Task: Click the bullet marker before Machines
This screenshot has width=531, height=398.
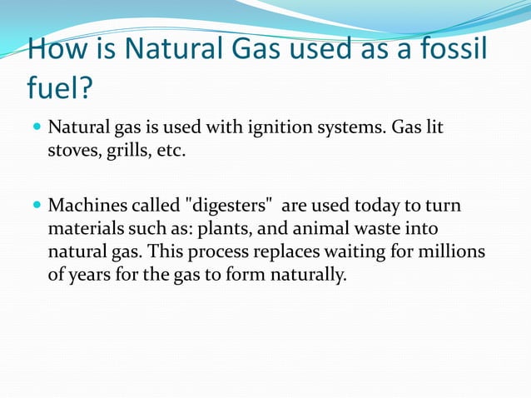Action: click(36, 205)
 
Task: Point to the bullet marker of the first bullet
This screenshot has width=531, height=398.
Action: click(36, 129)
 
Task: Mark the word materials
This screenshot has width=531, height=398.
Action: click(84, 228)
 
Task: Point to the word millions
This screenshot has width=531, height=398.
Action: click(454, 251)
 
